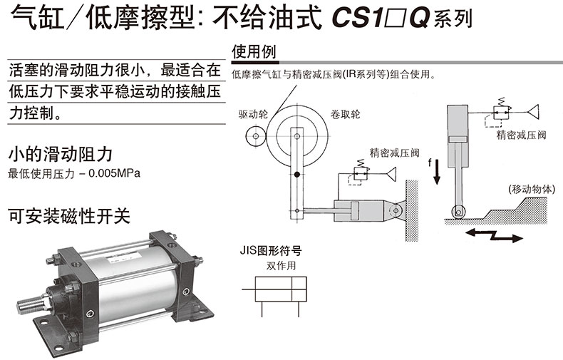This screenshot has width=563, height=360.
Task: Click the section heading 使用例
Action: tap(254, 52)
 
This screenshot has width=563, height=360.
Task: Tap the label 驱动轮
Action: tap(254, 113)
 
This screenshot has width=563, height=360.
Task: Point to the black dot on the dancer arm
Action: tap(296, 175)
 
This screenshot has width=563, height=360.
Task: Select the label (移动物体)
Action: tap(531, 190)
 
